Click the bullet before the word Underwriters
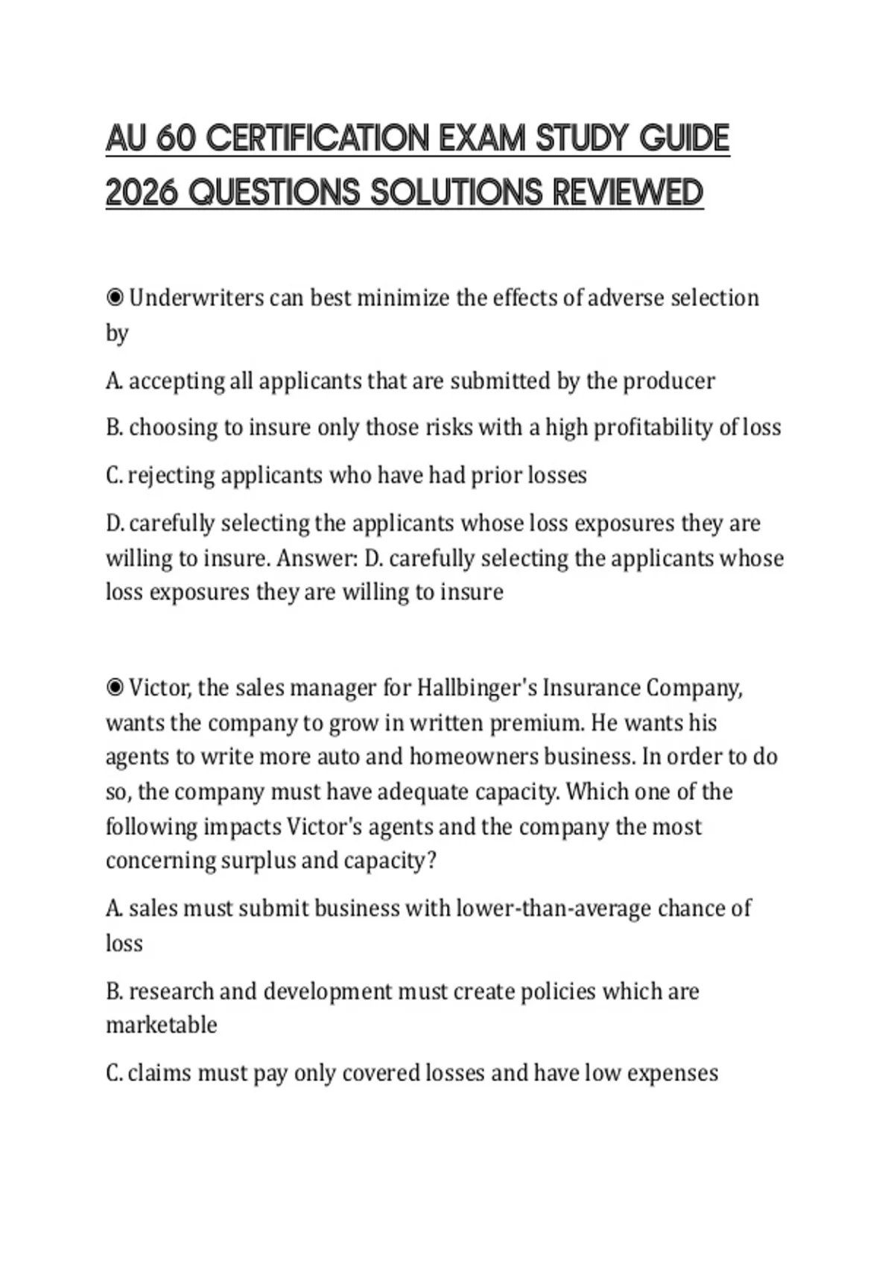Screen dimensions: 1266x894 115,298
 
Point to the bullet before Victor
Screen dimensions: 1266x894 115,687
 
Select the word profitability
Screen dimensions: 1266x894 653,427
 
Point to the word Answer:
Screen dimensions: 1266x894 317,559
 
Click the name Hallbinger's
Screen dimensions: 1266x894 477,687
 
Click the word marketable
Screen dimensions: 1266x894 161,1025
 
